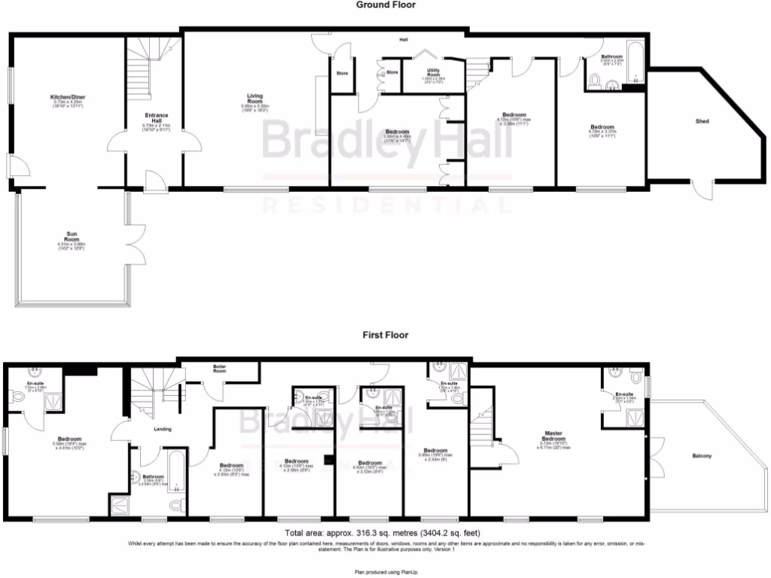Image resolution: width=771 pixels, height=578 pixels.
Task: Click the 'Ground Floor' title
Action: pyautogui.click(x=385, y=5)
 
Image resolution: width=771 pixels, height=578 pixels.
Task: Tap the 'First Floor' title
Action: pyautogui.click(x=385, y=335)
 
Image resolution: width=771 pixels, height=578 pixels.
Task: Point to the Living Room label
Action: pyautogui.click(x=255, y=99)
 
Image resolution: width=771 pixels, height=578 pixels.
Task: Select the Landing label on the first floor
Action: pyautogui.click(x=162, y=429)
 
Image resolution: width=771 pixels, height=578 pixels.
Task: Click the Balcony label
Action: pyautogui.click(x=702, y=456)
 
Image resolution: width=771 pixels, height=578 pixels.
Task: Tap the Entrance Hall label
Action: pyautogui.click(x=157, y=118)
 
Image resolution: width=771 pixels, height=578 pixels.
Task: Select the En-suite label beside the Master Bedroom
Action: pyautogui.click(x=623, y=394)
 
